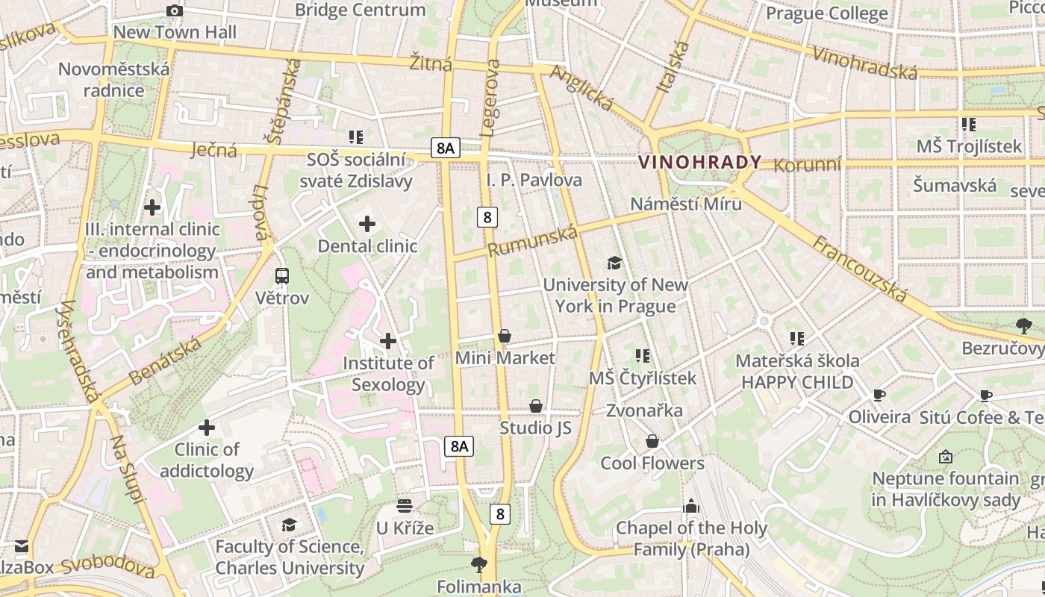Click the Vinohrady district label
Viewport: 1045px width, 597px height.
[x=699, y=162]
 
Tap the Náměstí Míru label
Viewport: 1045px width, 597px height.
[x=686, y=204]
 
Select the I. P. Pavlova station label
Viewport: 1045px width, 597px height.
[x=534, y=180]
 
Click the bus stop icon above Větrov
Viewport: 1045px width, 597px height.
[x=282, y=276]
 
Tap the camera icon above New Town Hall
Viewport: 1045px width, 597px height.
[x=175, y=10]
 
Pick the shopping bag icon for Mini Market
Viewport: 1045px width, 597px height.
[x=505, y=336]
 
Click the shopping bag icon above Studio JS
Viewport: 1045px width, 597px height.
[x=535, y=406]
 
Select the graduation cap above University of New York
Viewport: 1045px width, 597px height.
[x=614, y=263]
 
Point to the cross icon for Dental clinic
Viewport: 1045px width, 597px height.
[x=367, y=223]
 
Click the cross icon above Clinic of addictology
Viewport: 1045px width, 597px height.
[x=207, y=428]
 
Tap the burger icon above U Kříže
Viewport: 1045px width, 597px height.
[x=405, y=506]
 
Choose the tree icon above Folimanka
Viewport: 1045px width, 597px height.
[x=478, y=564]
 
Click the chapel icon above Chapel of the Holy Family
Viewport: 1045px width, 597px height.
[x=691, y=506]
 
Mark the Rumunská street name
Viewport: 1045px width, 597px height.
[x=533, y=242]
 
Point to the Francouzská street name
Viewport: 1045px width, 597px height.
[x=860, y=269]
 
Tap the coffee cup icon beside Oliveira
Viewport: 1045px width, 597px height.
[x=879, y=395]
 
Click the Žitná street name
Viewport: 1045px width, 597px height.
[x=431, y=63]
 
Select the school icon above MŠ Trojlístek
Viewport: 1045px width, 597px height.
[x=968, y=124]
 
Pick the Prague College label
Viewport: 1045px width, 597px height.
[x=826, y=13]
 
